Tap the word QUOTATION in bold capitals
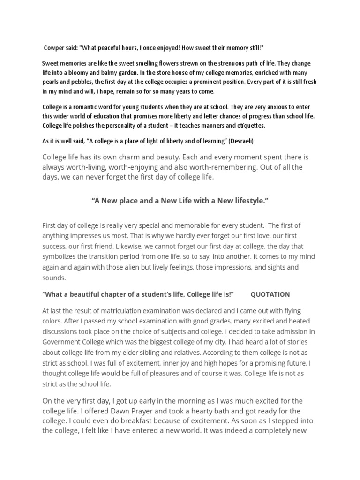pos(270,294)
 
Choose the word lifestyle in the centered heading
pos(244,201)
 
